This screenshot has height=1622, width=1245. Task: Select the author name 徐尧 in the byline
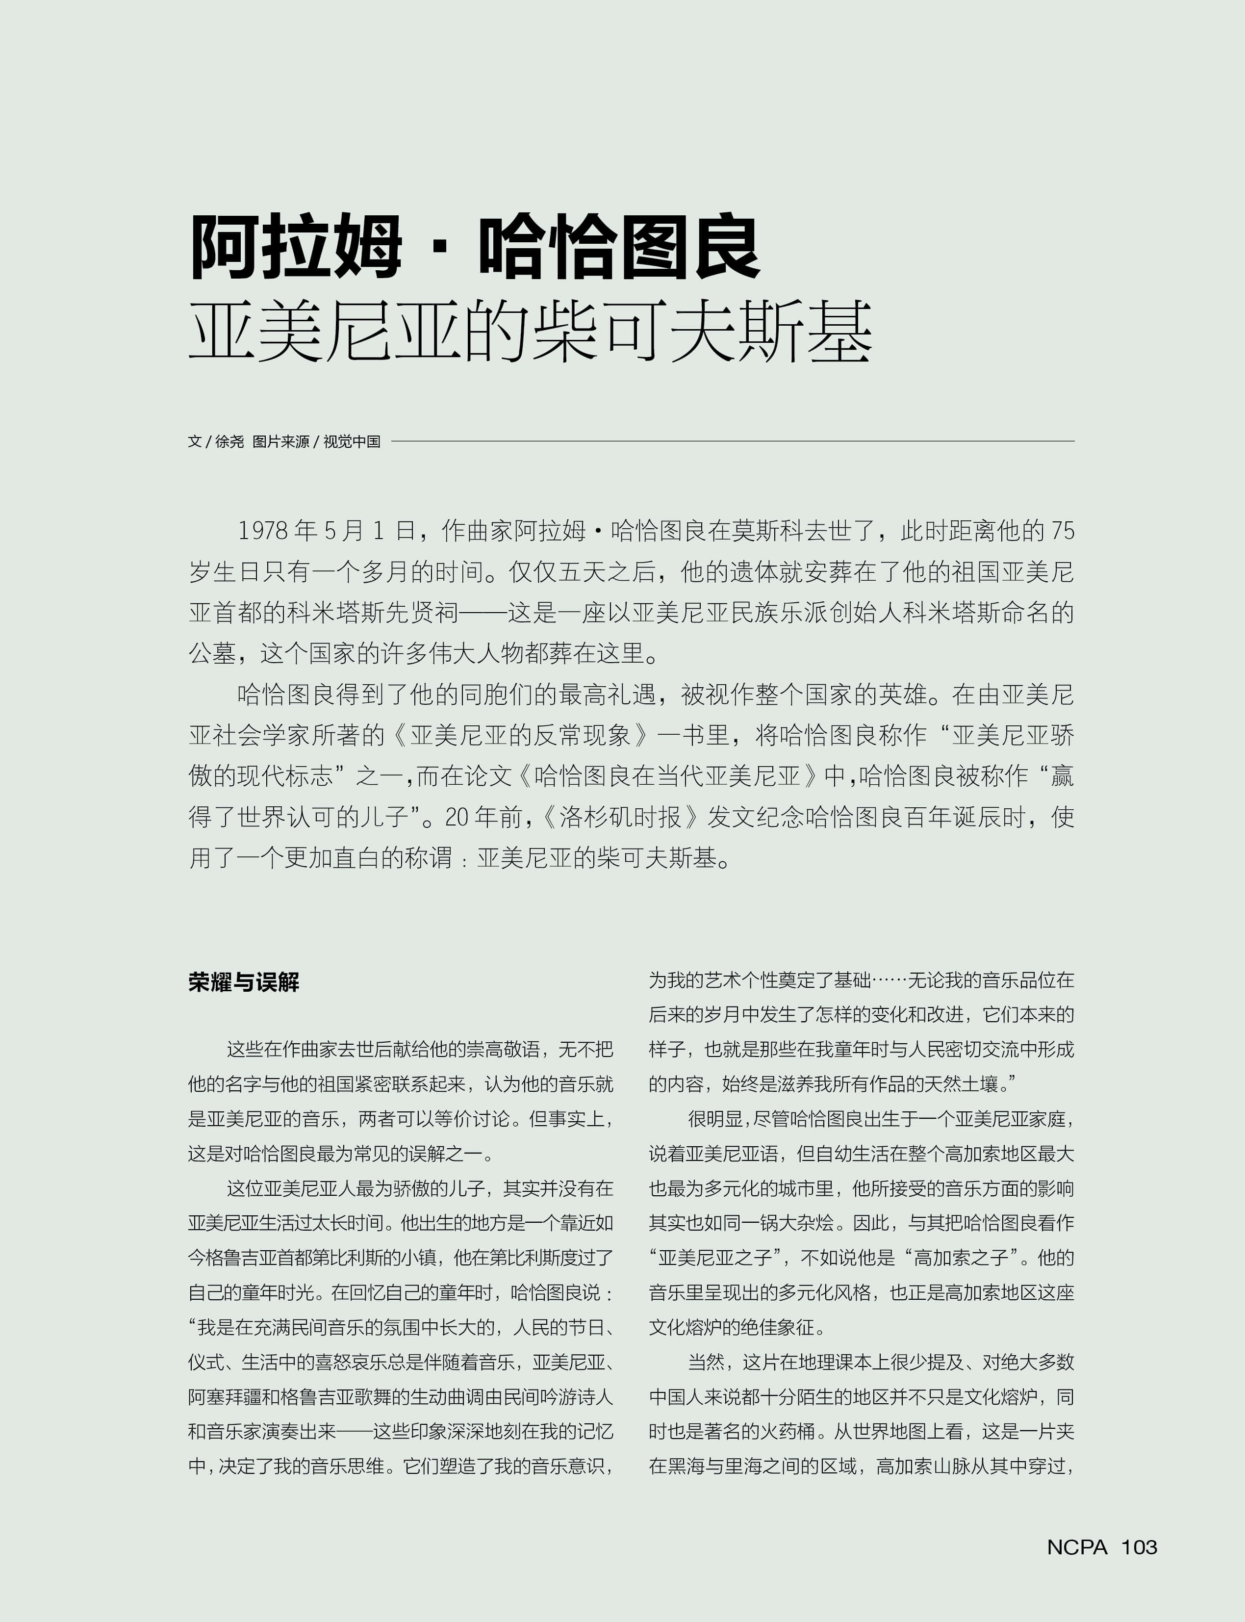[x=230, y=442]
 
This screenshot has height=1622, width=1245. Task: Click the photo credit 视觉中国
[x=352, y=442]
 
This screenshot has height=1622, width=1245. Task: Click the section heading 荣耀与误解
[x=244, y=982]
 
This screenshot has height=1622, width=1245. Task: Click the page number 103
[x=1139, y=1547]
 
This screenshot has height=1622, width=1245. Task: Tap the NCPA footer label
[x=1077, y=1547]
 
